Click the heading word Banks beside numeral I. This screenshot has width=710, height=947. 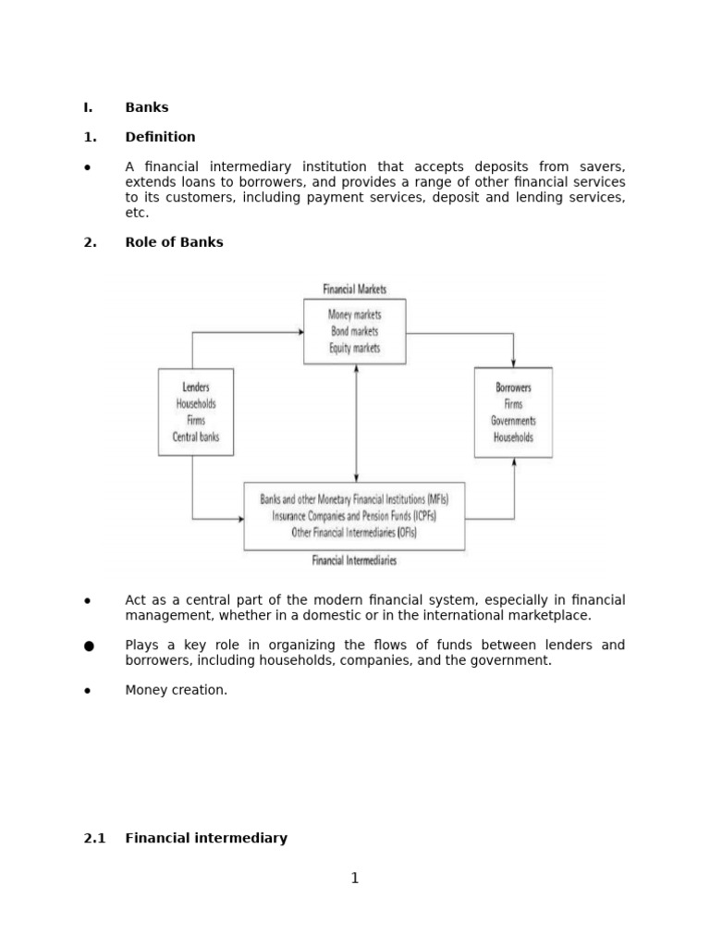147,107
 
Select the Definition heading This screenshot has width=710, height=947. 160,137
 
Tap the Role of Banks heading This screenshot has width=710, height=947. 174,242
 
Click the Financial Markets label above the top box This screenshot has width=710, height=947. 354,289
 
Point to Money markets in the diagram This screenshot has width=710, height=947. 354,314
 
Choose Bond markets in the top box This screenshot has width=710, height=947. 354,331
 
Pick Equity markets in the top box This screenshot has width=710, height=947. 354,348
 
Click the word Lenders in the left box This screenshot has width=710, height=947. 195,387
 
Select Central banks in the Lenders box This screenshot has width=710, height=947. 195,437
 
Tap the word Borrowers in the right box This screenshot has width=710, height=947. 513,387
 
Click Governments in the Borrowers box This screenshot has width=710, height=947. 513,421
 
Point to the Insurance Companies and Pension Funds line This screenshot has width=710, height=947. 354,516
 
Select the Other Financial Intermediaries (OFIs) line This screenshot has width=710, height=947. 354,533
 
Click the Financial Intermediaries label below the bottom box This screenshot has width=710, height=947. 354,560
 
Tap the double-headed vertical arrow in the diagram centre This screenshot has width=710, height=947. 356,423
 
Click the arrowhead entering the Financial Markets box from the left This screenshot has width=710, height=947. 300,332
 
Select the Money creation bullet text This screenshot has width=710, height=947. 176,690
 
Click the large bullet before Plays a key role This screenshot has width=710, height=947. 89,646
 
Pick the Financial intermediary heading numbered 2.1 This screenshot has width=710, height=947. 206,838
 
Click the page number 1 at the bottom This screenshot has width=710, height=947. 354,879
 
